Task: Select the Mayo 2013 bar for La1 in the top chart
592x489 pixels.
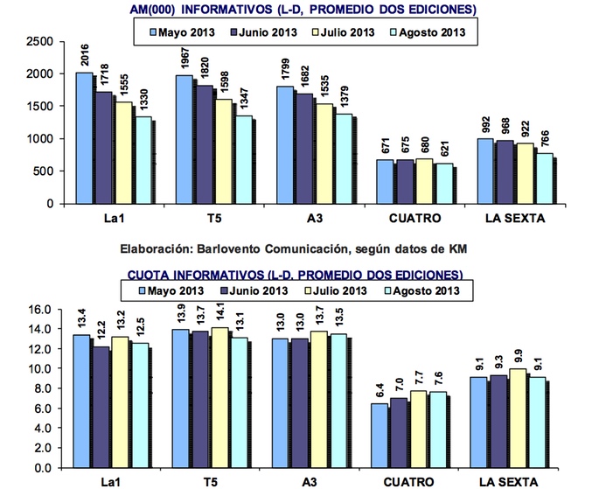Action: coord(84,137)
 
